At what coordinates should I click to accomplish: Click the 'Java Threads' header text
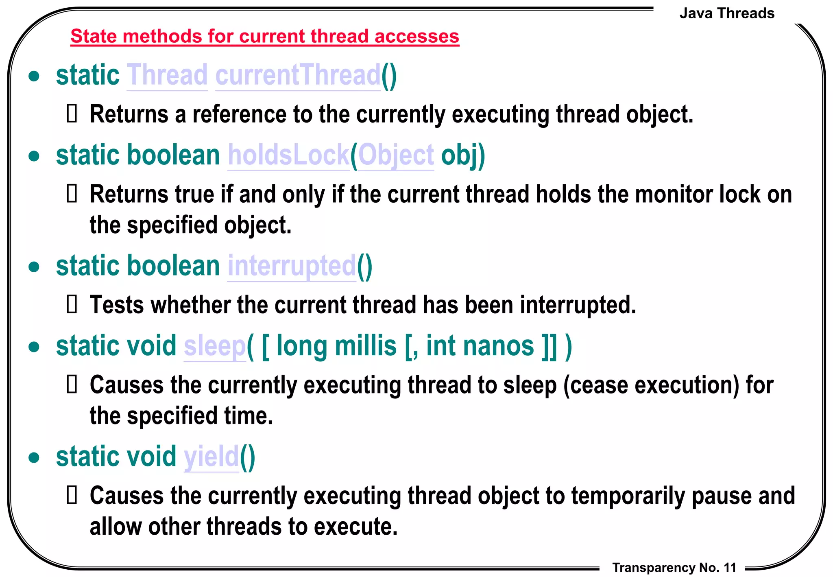tap(727, 13)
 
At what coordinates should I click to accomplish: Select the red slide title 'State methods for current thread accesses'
tap(265, 36)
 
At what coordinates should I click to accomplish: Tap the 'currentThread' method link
tap(298, 75)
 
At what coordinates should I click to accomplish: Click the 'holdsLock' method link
tap(288, 155)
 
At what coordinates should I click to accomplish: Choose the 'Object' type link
tap(396, 155)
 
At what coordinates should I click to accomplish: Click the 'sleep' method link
tap(215, 346)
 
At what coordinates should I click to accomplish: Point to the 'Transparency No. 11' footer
tap(674, 567)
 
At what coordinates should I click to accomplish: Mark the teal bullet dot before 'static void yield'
tap(34, 457)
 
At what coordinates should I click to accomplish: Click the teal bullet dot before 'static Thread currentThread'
tap(34, 76)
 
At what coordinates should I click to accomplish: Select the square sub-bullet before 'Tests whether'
tap(72, 304)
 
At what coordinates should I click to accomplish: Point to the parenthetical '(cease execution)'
tap(651, 385)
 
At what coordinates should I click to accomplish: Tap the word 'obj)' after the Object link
tap(463, 155)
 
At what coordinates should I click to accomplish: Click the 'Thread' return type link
tap(167, 75)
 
